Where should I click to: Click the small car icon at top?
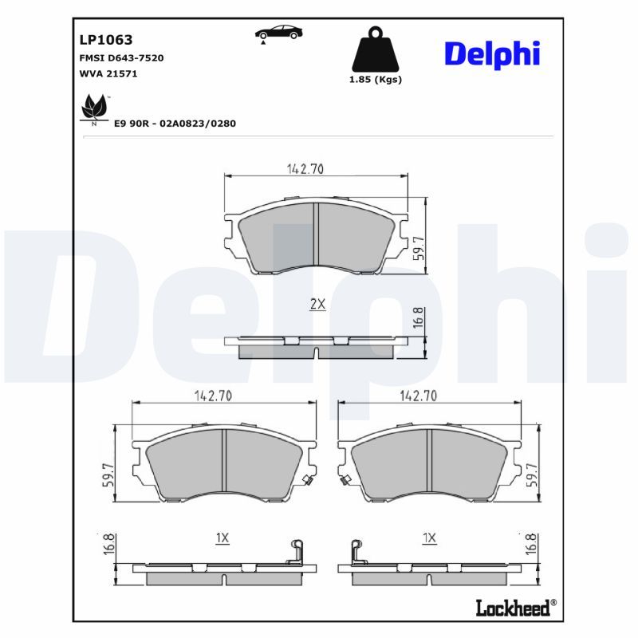(x=278, y=33)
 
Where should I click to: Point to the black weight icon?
(x=376, y=50)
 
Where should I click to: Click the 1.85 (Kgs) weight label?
(x=376, y=80)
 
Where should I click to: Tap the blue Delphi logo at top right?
(x=492, y=53)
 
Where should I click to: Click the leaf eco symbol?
(x=95, y=108)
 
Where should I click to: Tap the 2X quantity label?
(x=317, y=304)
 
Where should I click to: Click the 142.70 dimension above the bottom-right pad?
(x=418, y=396)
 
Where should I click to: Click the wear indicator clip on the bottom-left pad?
(x=306, y=478)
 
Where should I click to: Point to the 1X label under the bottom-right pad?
(x=429, y=538)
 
